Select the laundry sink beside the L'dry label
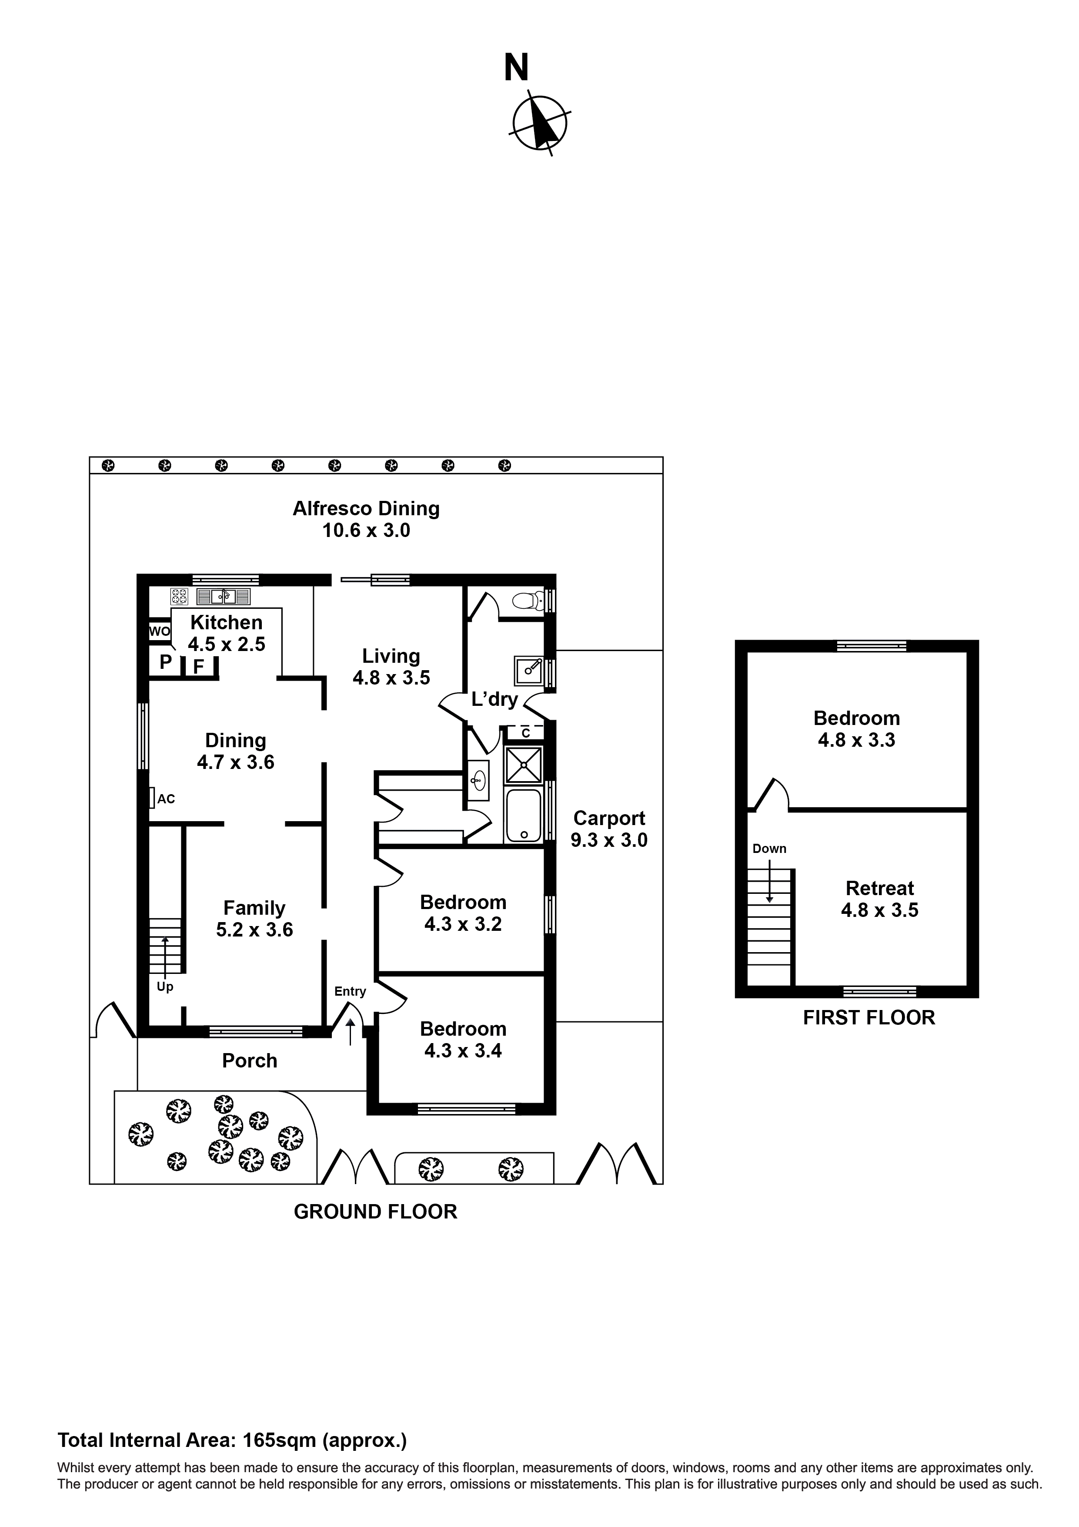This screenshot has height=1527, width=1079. click(528, 671)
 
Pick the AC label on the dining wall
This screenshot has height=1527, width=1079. click(166, 799)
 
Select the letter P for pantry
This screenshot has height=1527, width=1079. click(166, 662)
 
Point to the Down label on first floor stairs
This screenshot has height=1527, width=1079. click(769, 849)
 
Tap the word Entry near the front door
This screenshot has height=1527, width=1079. click(351, 991)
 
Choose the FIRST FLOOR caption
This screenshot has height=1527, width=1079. click(869, 1017)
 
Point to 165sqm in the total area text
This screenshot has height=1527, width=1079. click(279, 1440)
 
